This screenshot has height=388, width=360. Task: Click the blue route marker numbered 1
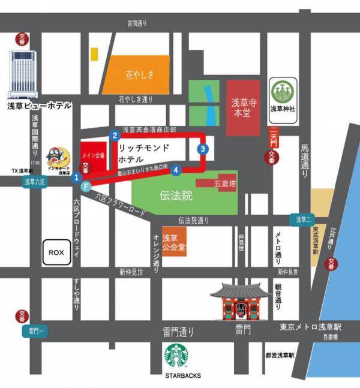76,178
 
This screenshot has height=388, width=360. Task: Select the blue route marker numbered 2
114,136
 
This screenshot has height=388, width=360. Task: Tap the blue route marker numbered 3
203,149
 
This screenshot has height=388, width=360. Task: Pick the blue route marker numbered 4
176,170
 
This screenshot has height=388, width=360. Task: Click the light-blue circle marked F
86,187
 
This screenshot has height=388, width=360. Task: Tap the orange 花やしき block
140,74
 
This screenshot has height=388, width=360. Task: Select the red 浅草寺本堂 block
244,107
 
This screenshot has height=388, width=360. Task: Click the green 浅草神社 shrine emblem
281,92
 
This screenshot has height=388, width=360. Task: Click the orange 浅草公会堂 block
174,241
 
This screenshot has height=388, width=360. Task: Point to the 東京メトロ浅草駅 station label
310,327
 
